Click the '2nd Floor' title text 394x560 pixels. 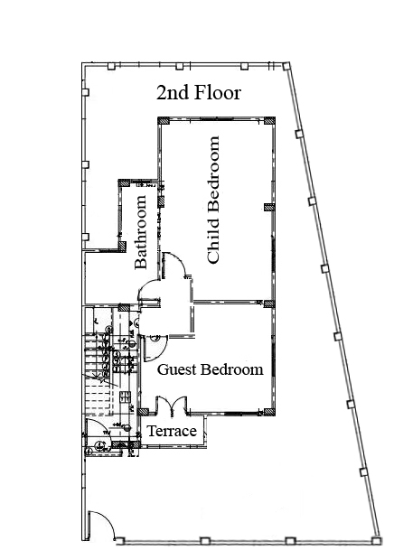(x=199, y=93)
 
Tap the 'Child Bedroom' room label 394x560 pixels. (x=213, y=200)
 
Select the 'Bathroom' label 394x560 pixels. (x=140, y=232)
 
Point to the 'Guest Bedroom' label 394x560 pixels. (x=210, y=369)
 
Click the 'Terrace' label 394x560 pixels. (x=172, y=431)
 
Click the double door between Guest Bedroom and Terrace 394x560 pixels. (x=172, y=406)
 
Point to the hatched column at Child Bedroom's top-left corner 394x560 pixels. (x=164, y=121)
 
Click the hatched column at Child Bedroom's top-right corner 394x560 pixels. (x=269, y=121)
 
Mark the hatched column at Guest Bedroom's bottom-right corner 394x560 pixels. (x=269, y=412)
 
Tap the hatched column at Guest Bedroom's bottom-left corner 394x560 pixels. (x=143, y=412)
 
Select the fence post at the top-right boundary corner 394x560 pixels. (x=286, y=66)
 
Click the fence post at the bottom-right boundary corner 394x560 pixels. (x=375, y=541)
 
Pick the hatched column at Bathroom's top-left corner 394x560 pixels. (x=124, y=183)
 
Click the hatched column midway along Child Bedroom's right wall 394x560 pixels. (x=269, y=207)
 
